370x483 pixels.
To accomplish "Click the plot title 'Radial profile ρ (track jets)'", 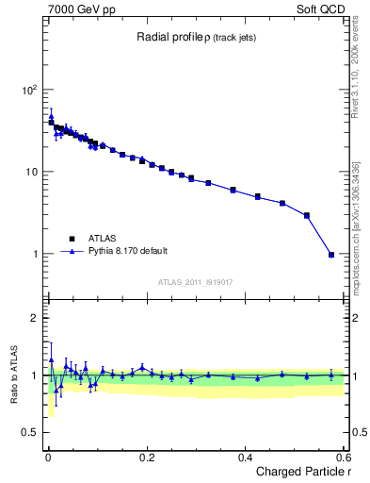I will (x=195, y=37).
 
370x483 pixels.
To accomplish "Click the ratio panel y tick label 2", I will (x=34, y=318).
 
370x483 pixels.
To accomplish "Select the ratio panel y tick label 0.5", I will (x=29, y=432).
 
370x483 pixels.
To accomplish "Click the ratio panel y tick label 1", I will (x=34, y=375).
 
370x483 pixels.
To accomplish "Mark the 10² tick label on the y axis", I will (x=29, y=90).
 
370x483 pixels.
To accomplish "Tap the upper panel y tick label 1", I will (x=34, y=254).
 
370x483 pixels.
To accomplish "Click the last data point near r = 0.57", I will (x=330, y=254).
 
